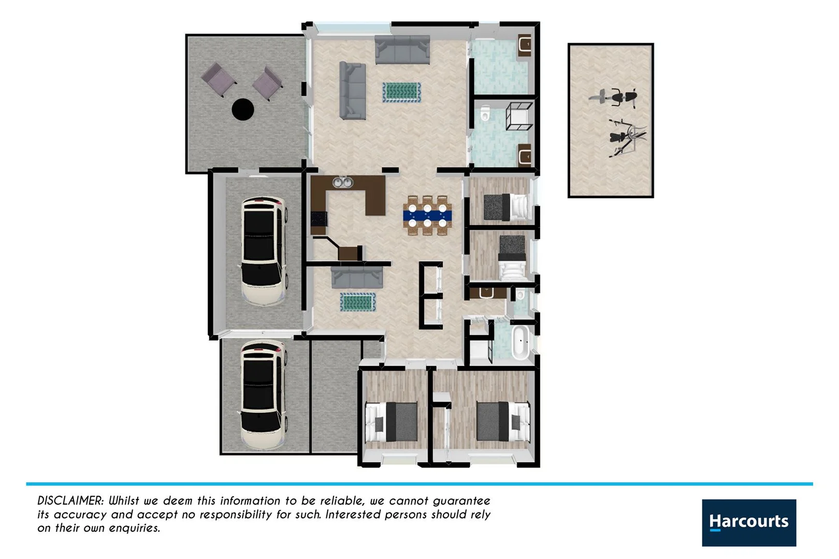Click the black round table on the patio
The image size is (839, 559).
242,109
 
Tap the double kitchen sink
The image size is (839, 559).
342,182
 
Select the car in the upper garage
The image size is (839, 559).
264,251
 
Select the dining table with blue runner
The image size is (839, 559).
428,215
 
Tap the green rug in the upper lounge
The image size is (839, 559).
401,92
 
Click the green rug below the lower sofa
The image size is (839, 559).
357,302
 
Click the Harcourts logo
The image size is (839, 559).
748,522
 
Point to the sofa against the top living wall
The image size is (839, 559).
402,50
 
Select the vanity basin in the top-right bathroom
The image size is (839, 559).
524,45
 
